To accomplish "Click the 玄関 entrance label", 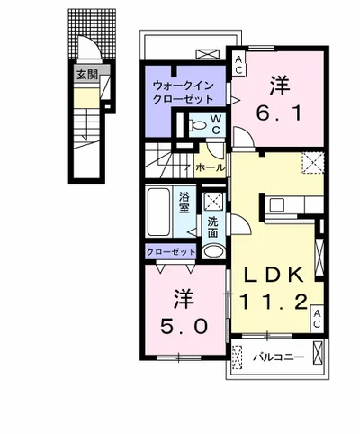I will coord(87,75).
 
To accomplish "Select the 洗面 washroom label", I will coord(212,227).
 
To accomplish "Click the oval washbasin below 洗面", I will coord(211,250).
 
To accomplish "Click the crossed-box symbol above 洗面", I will coord(212,201).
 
